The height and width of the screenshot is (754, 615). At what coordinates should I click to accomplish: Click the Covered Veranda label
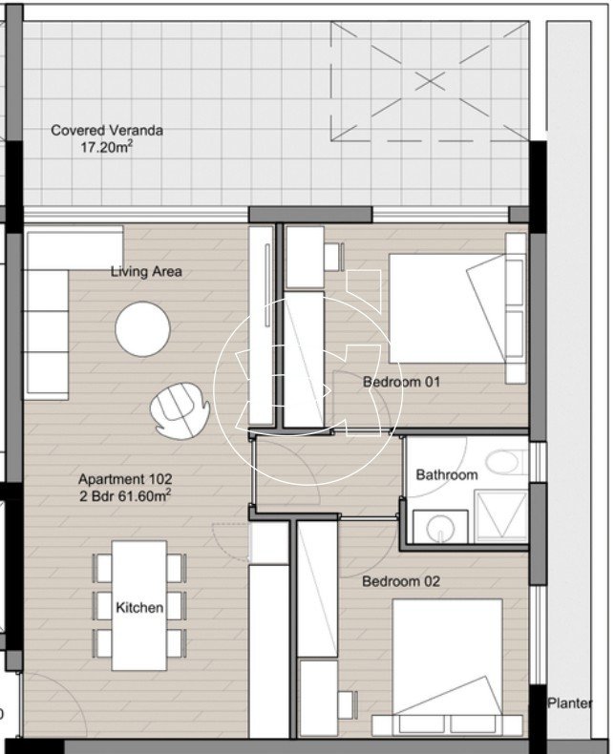pyautogui.click(x=107, y=131)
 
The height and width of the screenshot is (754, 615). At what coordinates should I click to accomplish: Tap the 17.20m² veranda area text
pyautogui.click(x=107, y=147)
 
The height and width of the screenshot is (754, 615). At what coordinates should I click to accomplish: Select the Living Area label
pyautogui.click(x=146, y=271)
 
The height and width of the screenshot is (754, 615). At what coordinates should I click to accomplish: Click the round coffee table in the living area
pyautogui.click(x=142, y=329)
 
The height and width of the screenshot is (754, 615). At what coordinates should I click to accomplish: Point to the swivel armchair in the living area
pyautogui.click(x=180, y=410)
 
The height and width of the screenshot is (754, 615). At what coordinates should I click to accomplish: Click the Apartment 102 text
pyautogui.click(x=125, y=479)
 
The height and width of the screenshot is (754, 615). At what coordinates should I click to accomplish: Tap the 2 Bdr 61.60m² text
pyautogui.click(x=125, y=495)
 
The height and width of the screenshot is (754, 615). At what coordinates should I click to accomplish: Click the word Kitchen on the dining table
pyautogui.click(x=139, y=607)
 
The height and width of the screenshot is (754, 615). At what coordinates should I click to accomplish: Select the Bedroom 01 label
pyautogui.click(x=401, y=382)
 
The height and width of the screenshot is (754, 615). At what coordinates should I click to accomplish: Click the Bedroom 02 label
pyautogui.click(x=401, y=581)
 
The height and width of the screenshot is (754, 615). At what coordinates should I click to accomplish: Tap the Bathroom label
pyautogui.click(x=447, y=475)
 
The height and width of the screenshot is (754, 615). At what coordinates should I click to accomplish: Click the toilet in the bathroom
pyautogui.click(x=506, y=462)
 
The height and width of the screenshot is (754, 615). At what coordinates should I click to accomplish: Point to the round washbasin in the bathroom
pyautogui.click(x=441, y=527)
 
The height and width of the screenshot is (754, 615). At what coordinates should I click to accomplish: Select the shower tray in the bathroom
pyautogui.click(x=501, y=516)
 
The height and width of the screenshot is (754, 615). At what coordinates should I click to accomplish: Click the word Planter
pyautogui.click(x=570, y=703)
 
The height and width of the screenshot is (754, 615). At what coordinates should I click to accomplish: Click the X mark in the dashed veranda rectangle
pyautogui.click(x=429, y=81)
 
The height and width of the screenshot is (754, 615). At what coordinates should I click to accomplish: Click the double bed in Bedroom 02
pyautogui.click(x=448, y=667)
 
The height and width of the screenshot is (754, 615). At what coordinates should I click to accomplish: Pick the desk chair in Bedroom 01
pyautogui.click(x=334, y=257)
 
